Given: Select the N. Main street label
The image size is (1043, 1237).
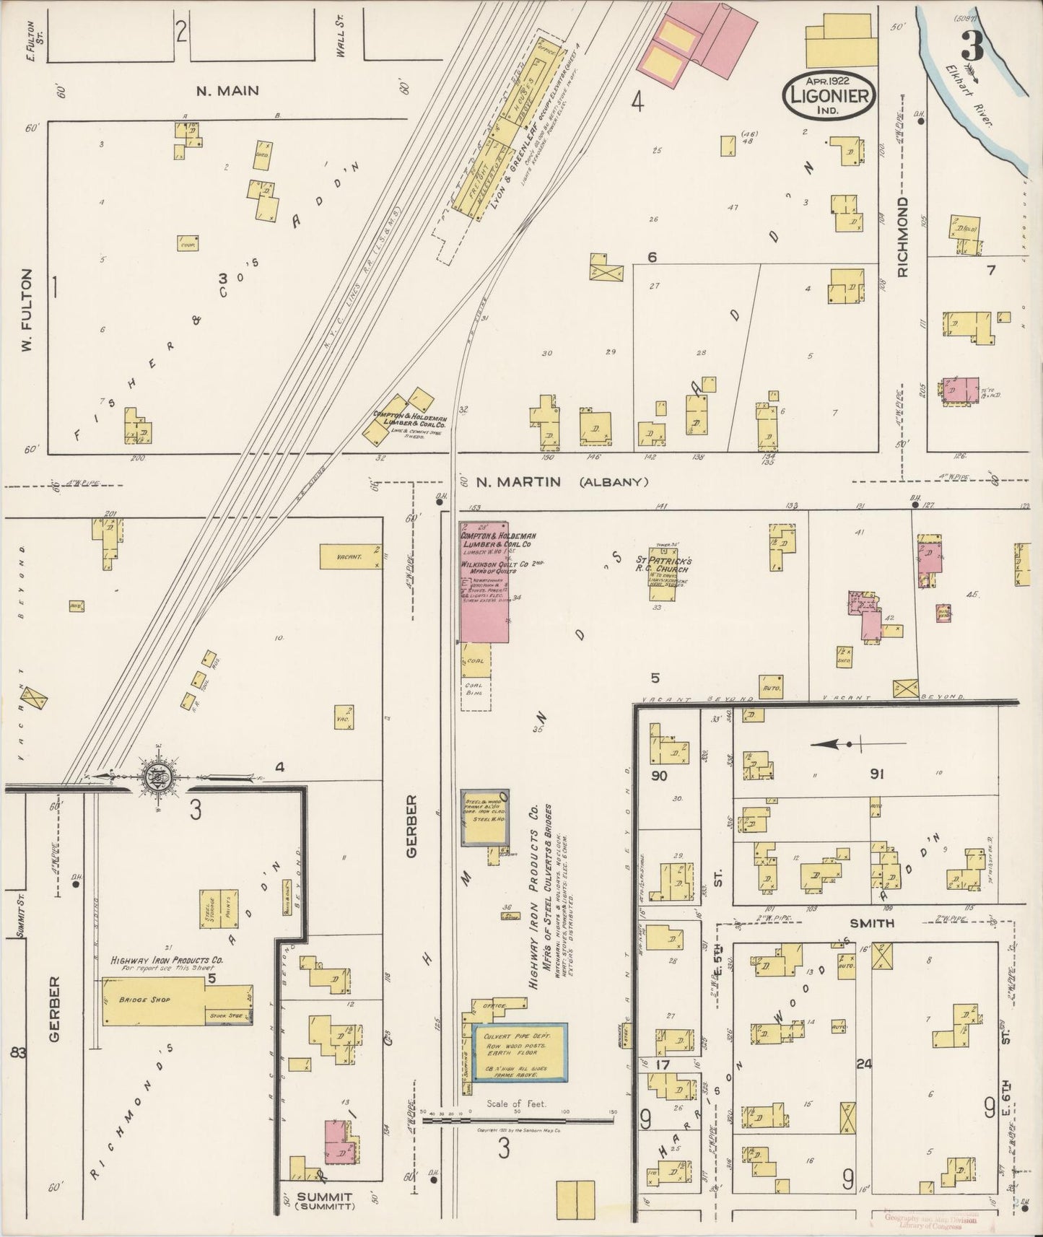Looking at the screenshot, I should [x=228, y=91].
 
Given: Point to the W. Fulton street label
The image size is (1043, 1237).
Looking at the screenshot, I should [x=27, y=312].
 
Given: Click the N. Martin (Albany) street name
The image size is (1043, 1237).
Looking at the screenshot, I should [x=562, y=481].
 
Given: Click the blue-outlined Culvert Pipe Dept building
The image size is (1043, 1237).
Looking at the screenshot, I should [x=520, y=1052].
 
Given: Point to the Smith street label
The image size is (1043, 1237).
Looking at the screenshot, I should [x=872, y=923].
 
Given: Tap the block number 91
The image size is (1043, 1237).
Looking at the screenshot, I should [x=877, y=774].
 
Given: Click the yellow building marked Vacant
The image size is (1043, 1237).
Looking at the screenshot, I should [x=350, y=556].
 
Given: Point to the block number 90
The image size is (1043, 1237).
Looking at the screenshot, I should [x=659, y=777].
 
